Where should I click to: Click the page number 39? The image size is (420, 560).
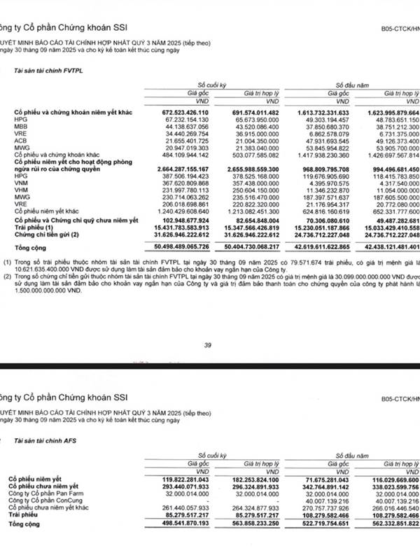coord(207,344)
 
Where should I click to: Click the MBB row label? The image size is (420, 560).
coord(21,127)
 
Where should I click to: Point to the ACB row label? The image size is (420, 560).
coord(21,141)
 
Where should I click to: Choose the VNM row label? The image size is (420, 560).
coord(21,183)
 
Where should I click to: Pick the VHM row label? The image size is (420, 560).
coord(21,190)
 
